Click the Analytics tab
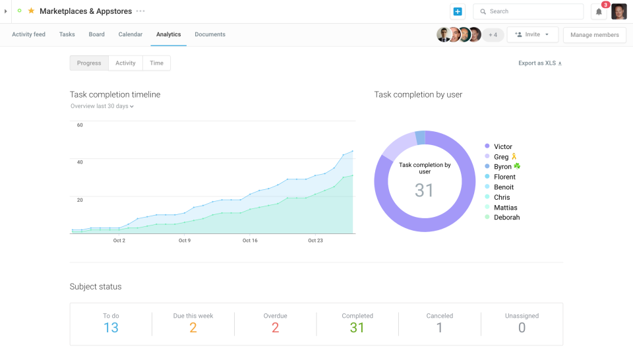point(168,34)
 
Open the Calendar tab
point(131,34)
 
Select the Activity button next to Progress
point(125,63)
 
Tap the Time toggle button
point(156,63)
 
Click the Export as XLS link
point(540,63)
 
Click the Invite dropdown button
point(532,35)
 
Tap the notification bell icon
point(599,12)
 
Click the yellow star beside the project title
point(31,11)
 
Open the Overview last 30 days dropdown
point(102,106)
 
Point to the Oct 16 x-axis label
point(250,241)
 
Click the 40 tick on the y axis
point(80,162)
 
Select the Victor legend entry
point(502,146)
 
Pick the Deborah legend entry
point(506,218)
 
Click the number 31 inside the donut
point(424,191)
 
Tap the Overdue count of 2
point(275,328)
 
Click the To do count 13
point(111,328)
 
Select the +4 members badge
point(493,35)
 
